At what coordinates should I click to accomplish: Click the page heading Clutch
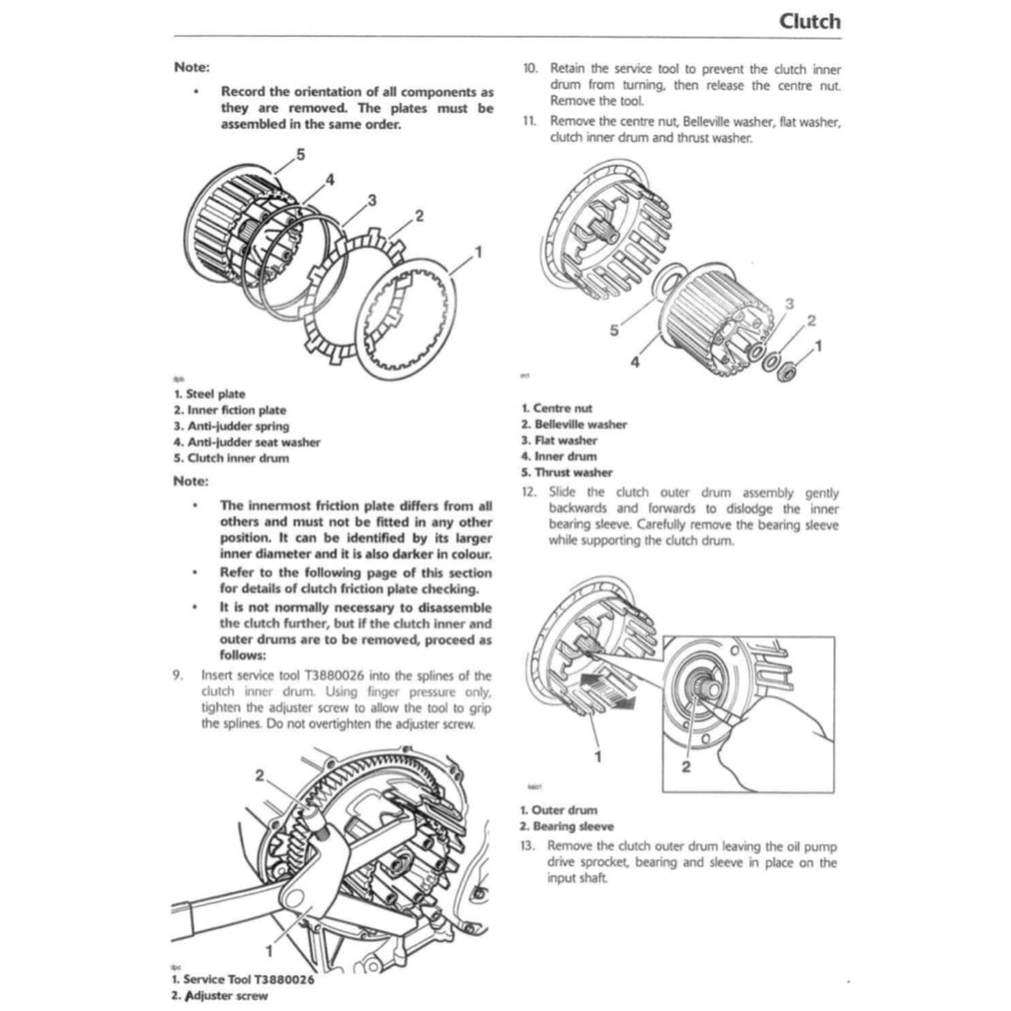coord(809,21)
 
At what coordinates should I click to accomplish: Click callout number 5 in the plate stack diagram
coord(300,155)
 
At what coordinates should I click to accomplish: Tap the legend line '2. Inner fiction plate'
coord(230,410)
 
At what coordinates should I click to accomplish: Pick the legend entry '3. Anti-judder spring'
coord(231,426)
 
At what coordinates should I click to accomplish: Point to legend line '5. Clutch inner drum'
coord(231,458)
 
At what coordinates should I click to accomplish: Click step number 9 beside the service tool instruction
coord(178,676)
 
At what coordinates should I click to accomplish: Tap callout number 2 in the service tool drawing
coord(261,776)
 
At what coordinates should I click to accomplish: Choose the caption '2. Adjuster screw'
coord(219,996)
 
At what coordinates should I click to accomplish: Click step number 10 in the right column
coord(529,69)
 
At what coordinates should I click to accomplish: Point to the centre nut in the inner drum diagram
coord(788,372)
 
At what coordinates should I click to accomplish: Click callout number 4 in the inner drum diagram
coord(634,362)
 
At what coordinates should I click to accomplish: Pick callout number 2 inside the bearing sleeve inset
coord(683,769)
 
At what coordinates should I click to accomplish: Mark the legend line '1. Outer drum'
coord(559,811)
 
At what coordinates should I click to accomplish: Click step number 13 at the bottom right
coord(528,847)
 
